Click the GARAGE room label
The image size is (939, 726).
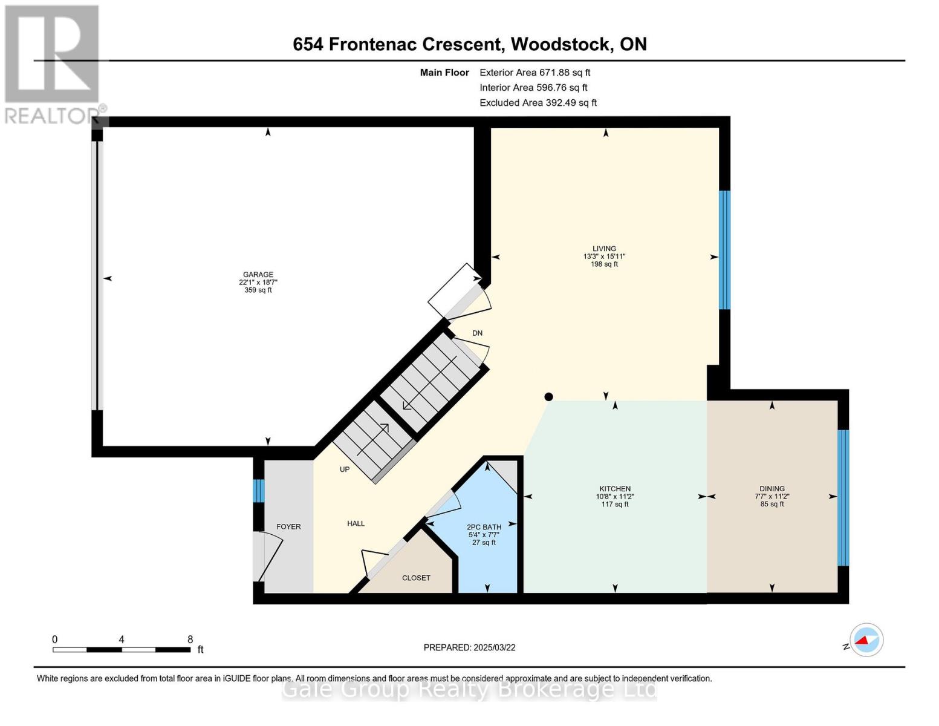point(258,275)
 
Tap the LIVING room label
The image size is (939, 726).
point(604,249)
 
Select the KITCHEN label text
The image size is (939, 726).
point(615,489)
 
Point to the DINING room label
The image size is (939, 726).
point(772,489)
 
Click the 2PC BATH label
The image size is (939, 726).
point(484,527)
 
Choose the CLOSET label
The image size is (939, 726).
point(416,578)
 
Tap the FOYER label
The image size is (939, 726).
point(288,527)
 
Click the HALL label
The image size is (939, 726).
point(356,524)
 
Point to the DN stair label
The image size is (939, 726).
point(477,333)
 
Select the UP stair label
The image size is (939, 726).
point(345,469)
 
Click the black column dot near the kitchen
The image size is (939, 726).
point(549,396)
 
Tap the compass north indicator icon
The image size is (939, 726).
point(866,640)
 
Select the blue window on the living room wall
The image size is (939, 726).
point(725,250)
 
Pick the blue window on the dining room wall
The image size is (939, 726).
point(843,498)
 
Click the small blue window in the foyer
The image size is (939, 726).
point(258,491)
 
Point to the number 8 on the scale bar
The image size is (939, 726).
point(190,639)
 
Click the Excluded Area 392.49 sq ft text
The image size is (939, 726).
point(538,103)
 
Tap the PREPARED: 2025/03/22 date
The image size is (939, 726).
point(469,648)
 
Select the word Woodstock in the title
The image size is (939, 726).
point(560,45)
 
